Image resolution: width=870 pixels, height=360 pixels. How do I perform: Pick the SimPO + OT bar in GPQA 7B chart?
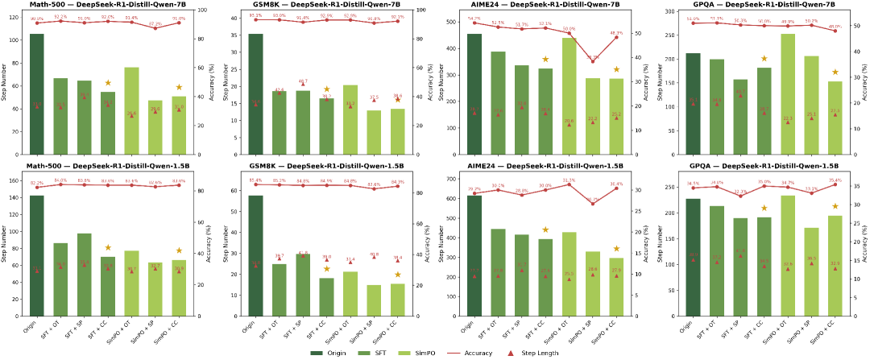[x=788, y=93]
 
